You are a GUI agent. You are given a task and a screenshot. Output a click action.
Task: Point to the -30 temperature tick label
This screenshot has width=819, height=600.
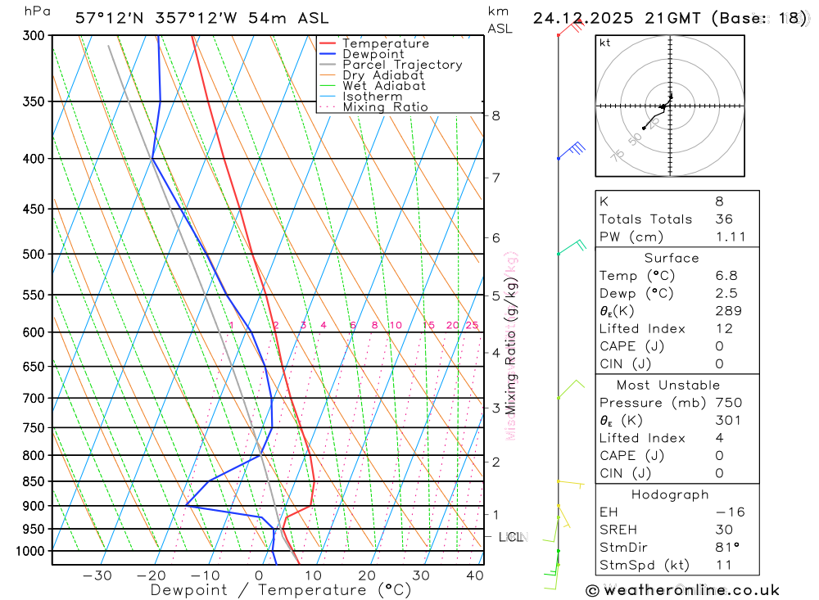[x=97, y=575]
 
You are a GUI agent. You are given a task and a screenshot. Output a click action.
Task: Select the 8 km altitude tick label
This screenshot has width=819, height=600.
[x=496, y=115]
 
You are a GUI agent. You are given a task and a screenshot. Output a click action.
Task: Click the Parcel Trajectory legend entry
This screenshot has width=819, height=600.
[x=402, y=65]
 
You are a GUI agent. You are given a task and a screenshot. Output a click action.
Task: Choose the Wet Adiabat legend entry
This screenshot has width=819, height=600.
[x=384, y=86]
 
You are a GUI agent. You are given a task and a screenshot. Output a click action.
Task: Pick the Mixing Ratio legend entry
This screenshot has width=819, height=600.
[x=385, y=107]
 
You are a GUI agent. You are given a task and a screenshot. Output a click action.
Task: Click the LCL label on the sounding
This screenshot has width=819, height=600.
[x=510, y=537]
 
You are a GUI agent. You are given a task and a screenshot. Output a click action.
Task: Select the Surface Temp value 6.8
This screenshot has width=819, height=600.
[x=725, y=276]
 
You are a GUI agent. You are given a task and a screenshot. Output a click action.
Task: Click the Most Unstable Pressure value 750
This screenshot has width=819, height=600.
[x=728, y=403]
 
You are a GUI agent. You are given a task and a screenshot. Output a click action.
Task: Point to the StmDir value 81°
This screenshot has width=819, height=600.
[x=726, y=548]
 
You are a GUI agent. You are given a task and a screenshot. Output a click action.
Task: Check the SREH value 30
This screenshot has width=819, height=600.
[x=724, y=530]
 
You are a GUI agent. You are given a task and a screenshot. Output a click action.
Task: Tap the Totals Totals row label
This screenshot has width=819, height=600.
[x=645, y=219]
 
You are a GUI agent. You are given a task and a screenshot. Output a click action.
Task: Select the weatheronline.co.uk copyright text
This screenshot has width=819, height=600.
[x=682, y=590]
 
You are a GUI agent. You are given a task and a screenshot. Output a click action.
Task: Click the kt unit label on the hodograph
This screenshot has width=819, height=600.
[x=605, y=43]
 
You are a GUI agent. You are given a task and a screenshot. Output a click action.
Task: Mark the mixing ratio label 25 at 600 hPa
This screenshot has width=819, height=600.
[x=472, y=326]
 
